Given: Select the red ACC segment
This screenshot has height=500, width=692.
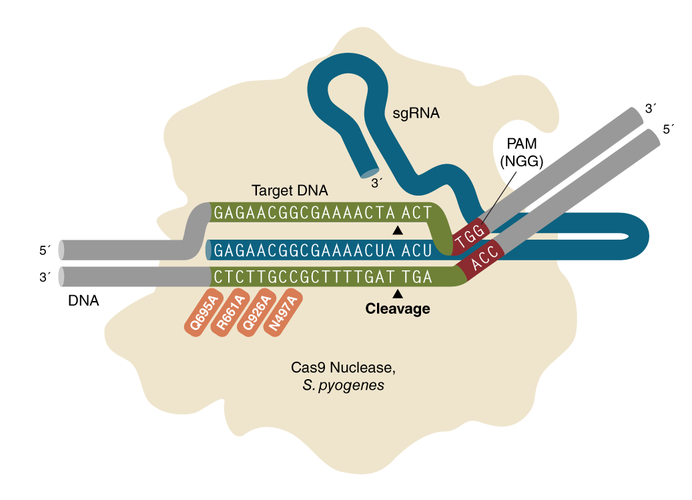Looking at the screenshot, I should tap(483, 264).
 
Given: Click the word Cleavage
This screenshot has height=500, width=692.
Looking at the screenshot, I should tap(398, 309).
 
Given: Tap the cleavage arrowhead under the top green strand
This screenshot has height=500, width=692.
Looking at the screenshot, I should tap(398, 230).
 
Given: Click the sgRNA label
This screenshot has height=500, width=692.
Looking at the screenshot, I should tap(416, 113).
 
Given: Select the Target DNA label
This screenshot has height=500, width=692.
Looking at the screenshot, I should tap(290, 191).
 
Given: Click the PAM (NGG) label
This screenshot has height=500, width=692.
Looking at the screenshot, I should tap(523, 153).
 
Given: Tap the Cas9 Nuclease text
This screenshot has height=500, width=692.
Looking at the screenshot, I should tap(337, 368).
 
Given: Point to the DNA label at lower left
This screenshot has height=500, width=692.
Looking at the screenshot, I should tap(83, 301).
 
